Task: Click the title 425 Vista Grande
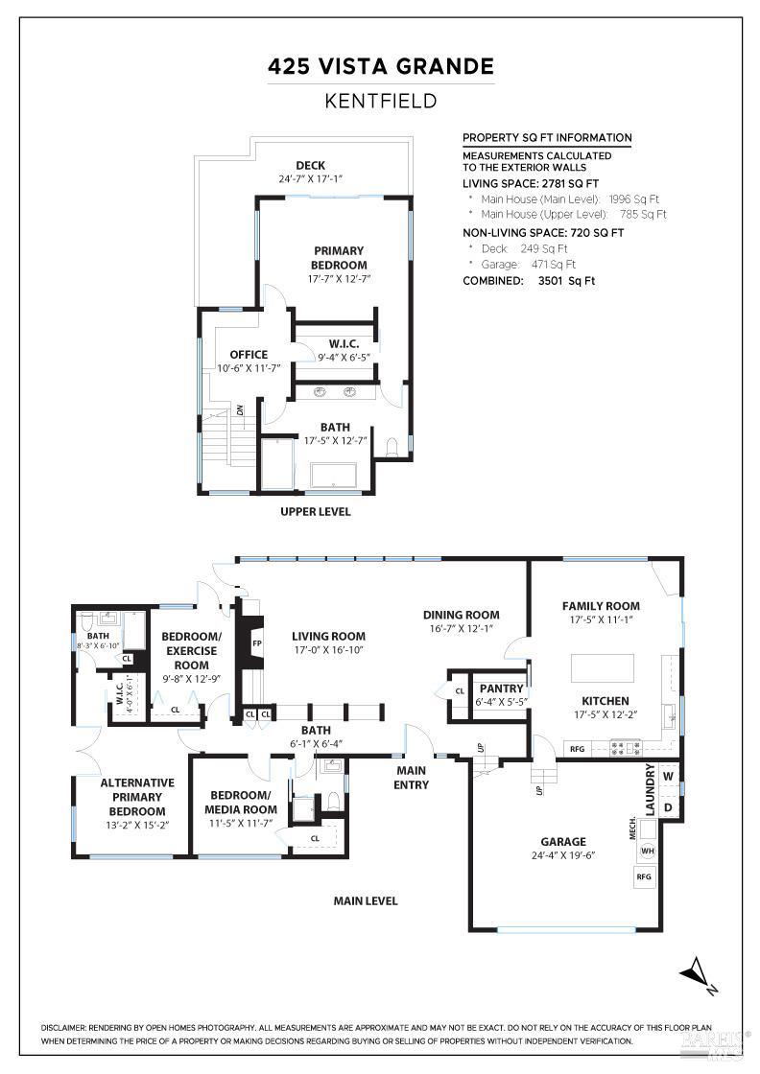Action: pos(380,67)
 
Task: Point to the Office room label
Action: pos(249,355)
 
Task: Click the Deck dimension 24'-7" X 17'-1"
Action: pos(311,178)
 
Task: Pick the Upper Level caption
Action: pos(315,512)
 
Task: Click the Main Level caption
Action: pos(365,901)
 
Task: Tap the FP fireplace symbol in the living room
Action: pos(257,642)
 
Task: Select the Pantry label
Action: pos(501,689)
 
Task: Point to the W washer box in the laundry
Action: pos(669,776)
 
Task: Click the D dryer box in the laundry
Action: pos(669,806)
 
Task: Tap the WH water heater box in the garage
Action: pos(648,851)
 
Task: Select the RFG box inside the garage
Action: pos(643,876)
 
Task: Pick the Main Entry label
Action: pos(412,778)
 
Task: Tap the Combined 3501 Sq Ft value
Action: pos(566,281)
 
